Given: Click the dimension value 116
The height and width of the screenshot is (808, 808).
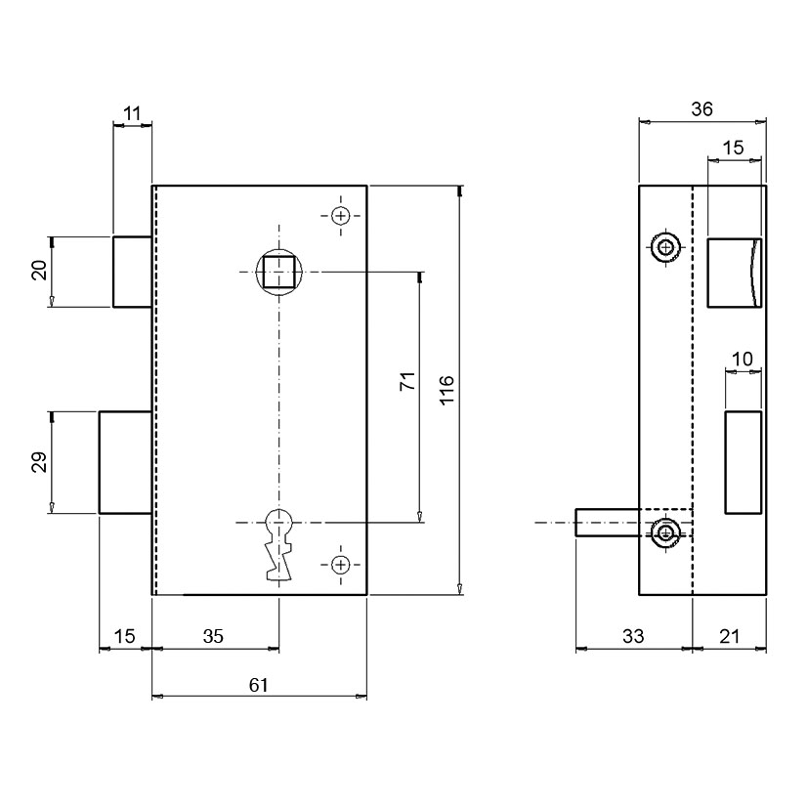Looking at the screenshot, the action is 447,390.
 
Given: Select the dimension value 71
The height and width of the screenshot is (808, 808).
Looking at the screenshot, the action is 407,381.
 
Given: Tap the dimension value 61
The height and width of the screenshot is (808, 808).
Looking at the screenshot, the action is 259,685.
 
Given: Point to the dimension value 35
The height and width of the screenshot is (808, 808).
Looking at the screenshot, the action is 213,636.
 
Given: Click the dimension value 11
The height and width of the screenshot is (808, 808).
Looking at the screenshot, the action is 133,113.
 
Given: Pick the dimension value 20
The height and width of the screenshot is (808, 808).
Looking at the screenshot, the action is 39,270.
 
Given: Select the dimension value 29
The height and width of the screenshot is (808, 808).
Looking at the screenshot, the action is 39,462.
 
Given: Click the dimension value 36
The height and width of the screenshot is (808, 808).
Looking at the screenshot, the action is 702,109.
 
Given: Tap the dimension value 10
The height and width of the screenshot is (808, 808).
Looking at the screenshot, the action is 742,359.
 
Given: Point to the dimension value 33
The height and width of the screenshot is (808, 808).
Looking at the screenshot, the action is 633,636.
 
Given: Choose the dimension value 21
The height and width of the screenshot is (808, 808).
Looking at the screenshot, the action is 729,636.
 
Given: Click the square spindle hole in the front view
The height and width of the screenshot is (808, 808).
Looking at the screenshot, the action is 278,272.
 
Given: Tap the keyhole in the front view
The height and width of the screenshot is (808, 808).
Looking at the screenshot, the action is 278,544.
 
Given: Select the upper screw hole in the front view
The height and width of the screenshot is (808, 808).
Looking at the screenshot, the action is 340,215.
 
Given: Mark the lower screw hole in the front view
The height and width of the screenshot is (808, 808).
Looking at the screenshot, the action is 340,566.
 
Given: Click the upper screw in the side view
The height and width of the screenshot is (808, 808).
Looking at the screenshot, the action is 665,248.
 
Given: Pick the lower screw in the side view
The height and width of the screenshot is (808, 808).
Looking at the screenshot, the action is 665,532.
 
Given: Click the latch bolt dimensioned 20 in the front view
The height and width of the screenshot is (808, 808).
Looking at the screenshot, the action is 133,272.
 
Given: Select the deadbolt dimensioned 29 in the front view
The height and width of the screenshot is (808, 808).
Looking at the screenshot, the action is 125,462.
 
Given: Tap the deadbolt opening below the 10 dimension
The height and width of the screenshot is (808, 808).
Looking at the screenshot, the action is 744,462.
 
